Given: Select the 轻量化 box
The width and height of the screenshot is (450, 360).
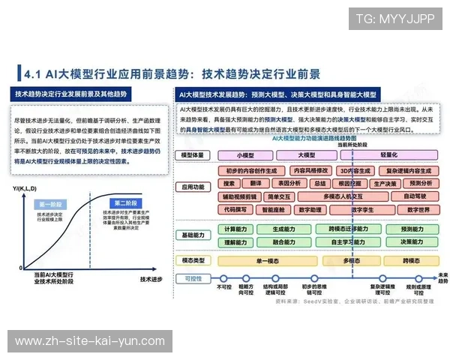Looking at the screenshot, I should (x=388, y=154).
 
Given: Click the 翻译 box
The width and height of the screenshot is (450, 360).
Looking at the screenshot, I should (x=256, y=183).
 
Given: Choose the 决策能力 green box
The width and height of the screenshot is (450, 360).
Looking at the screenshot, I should (x=412, y=242).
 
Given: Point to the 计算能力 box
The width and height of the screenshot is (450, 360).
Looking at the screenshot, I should (x=235, y=229).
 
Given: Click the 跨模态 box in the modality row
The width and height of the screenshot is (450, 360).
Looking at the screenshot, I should (x=410, y=260).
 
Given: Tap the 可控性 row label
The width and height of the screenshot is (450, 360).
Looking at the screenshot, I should (x=193, y=277).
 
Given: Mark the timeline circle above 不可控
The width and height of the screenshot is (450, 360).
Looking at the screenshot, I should (x=223, y=277).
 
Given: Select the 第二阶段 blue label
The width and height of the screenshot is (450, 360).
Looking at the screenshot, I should (x=125, y=203).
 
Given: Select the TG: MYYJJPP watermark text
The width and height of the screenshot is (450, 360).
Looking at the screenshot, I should (x=394, y=18).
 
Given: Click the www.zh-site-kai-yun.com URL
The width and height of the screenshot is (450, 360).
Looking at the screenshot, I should (x=85, y=341).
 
